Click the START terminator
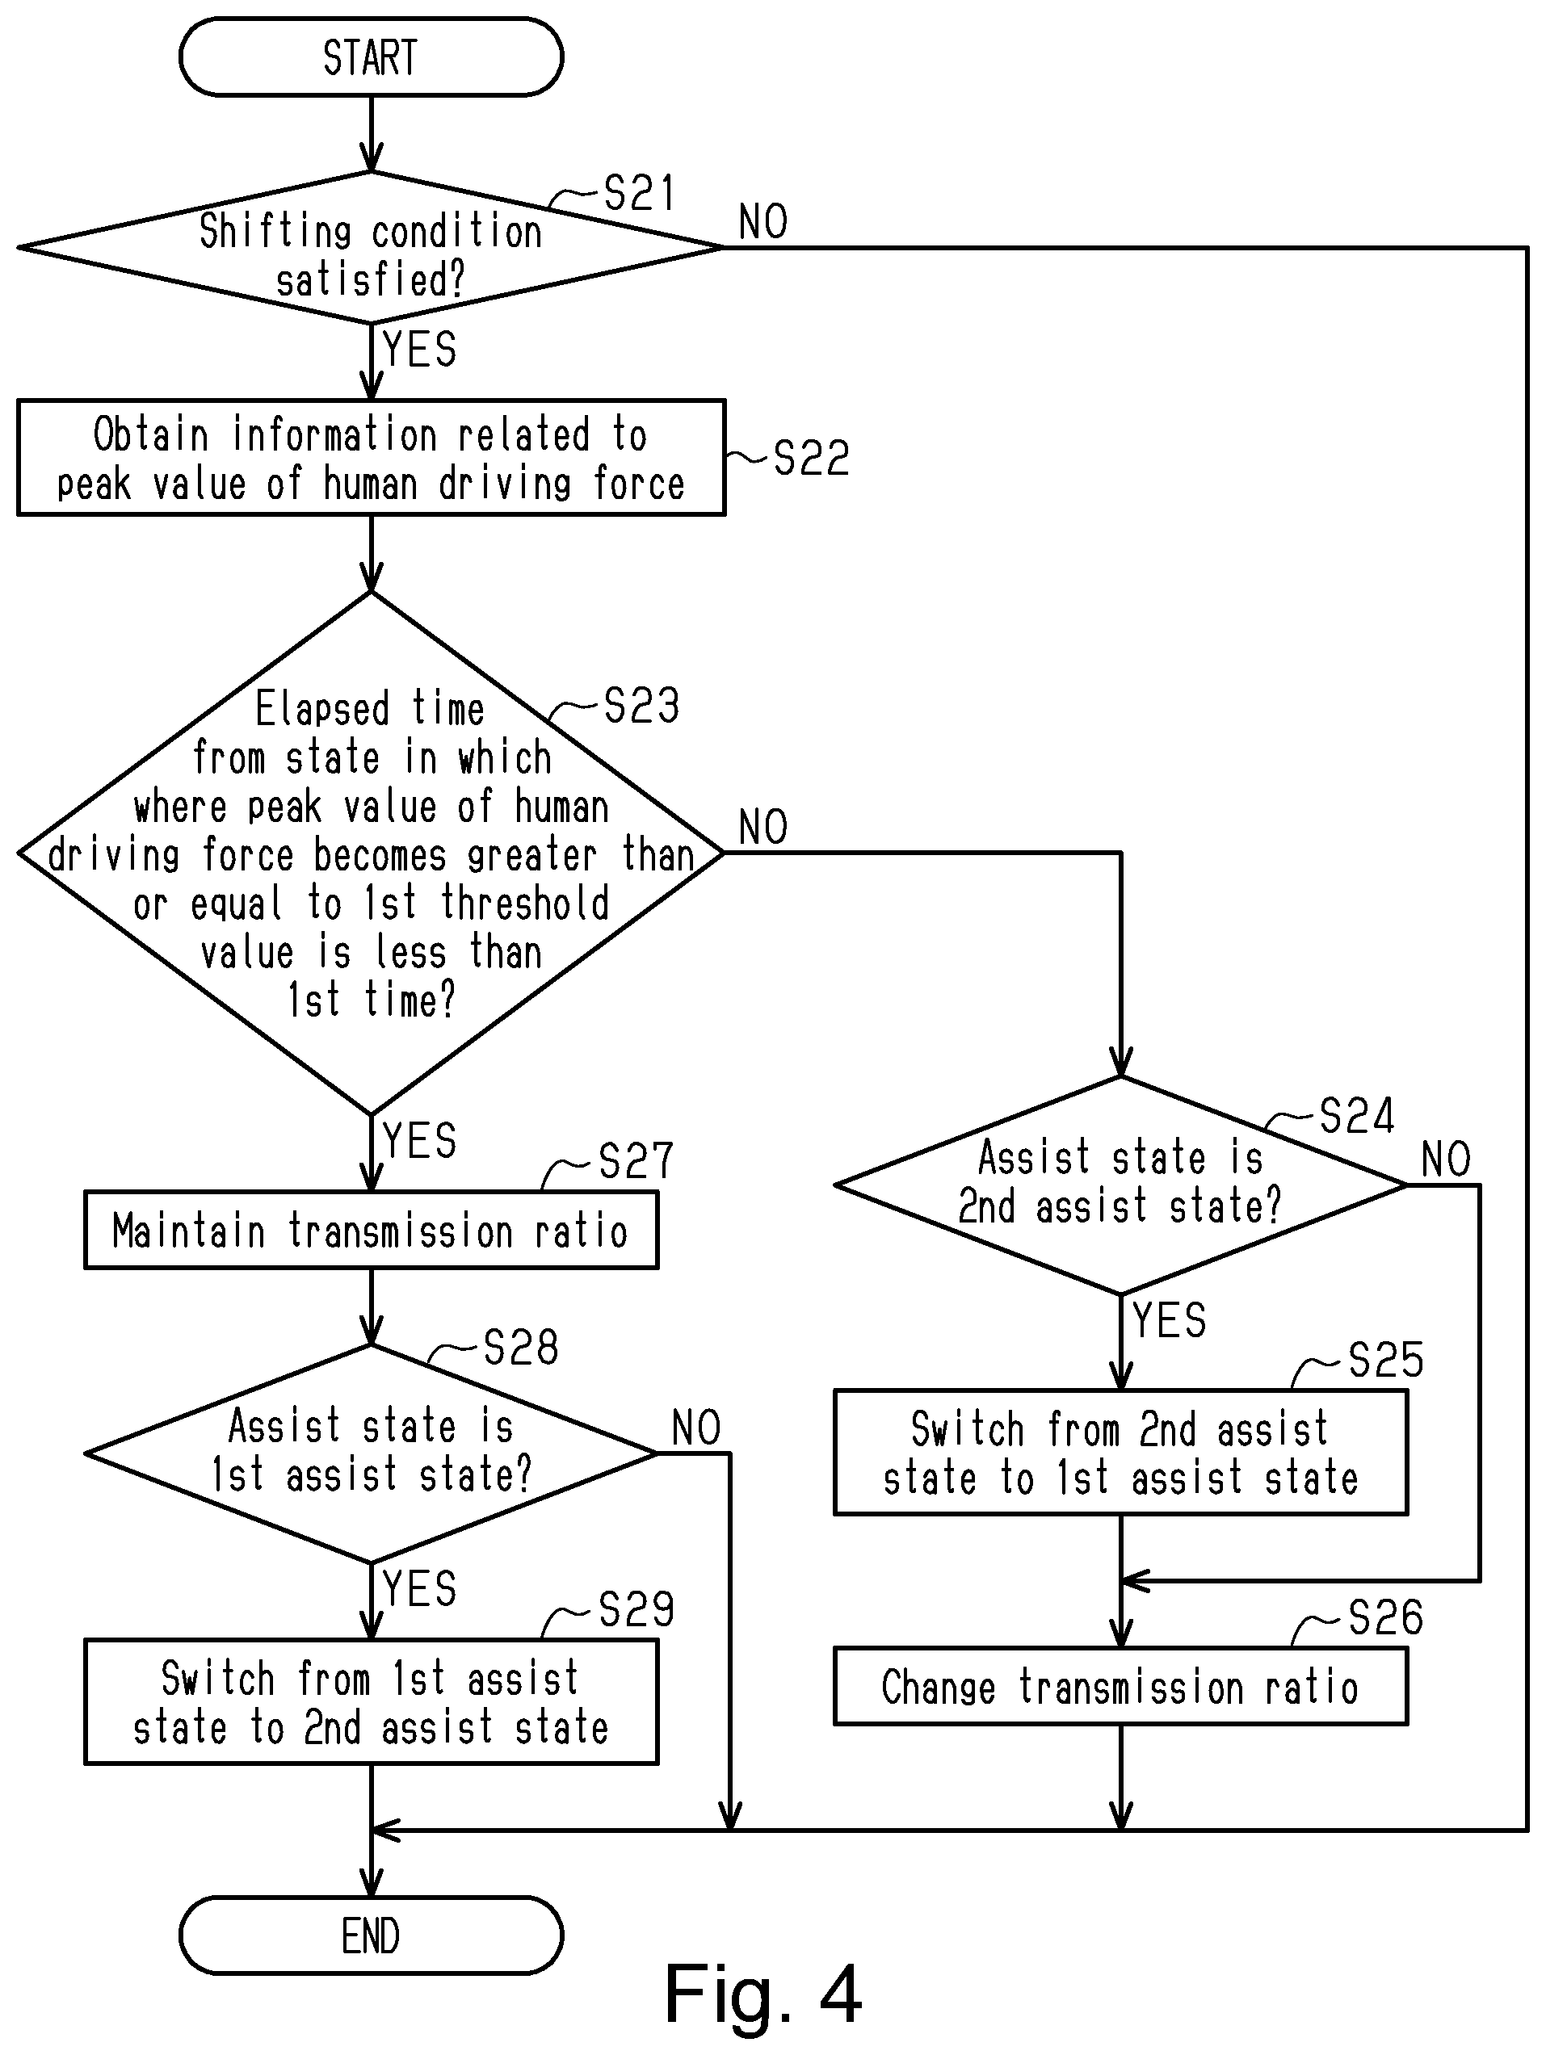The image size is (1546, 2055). pyautogui.click(x=371, y=57)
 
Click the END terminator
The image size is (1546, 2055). pyautogui.click(x=371, y=1935)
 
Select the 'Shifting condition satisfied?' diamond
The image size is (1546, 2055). pyautogui.click(x=371, y=248)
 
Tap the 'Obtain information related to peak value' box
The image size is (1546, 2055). pyautogui.click(x=371, y=458)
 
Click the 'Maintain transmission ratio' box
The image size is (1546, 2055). pyautogui.click(x=371, y=1230)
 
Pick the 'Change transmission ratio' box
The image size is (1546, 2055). pyautogui.click(x=1120, y=1686)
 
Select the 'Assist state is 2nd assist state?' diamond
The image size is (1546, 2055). pyautogui.click(x=1120, y=1185)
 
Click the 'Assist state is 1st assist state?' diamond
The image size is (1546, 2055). pyautogui.click(x=371, y=1453)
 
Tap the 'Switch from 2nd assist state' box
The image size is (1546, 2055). pyautogui.click(x=1120, y=1453)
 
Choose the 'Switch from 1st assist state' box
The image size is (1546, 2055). pyautogui.click(x=371, y=1702)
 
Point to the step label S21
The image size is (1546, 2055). pyautogui.click(x=639, y=193)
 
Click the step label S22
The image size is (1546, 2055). pyautogui.click(x=811, y=458)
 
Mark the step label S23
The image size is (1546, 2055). pyautogui.click(x=641, y=706)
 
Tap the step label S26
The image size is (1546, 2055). pyautogui.click(x=1385, y=1618)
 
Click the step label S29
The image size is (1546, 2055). pyautogui.click(x=636, y=1609)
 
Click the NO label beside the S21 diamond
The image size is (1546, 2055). pyautogui.click(x=762, y=222)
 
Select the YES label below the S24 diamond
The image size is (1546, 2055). pyautogui.click(x=1170, y=1320)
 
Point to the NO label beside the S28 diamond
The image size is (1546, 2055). pyautogui.click(x=696, y=1427)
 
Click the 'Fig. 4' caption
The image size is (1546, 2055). pyautogui.click(x=762, y=1994)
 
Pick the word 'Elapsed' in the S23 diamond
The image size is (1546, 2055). pyautogui.click(x=322, y=709)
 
